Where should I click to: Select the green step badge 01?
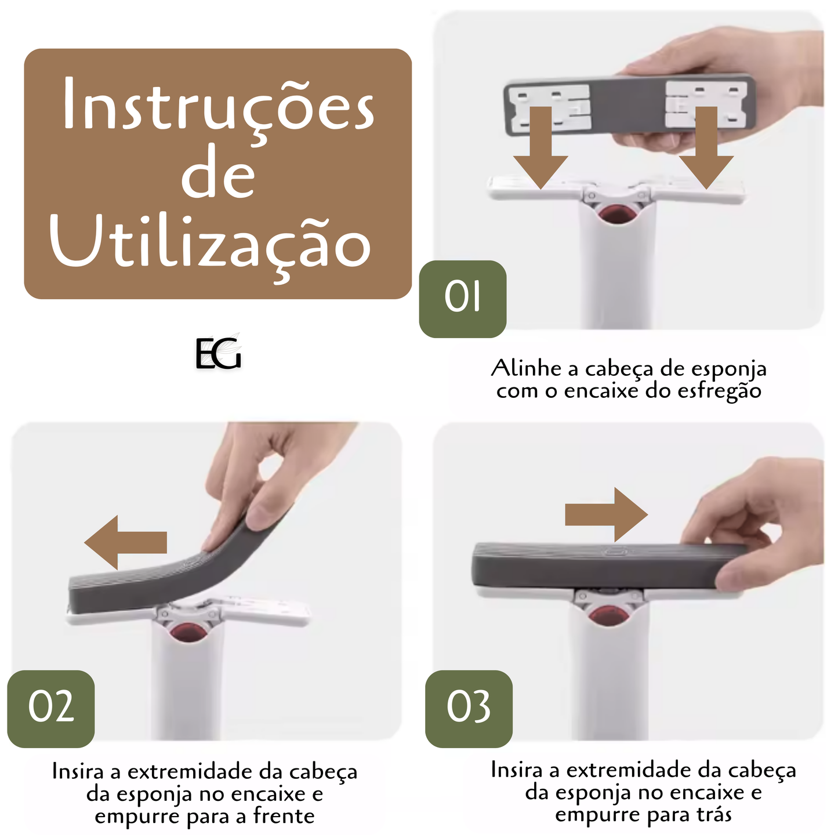463,299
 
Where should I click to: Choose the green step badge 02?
51,709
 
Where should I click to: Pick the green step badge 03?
469,709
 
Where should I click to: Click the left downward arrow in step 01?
540,148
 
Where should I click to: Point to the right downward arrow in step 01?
706,148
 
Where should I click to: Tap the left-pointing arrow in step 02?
125,542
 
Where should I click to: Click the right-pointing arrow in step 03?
607,514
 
